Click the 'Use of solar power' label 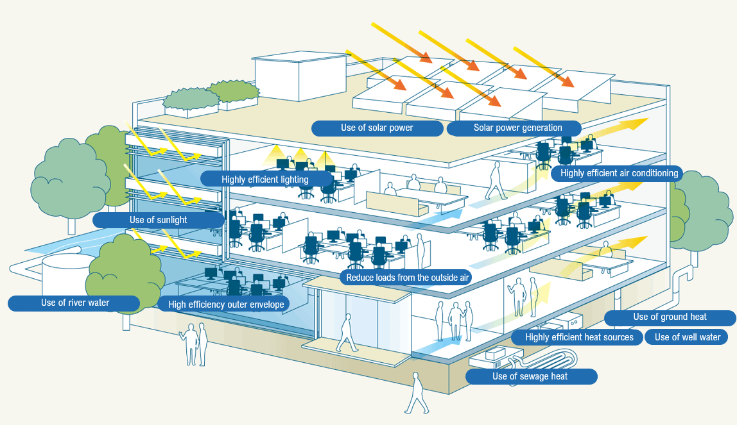(x=377, y=128)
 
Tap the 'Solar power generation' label (x=514, y=128)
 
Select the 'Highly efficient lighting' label (x=265, y=179)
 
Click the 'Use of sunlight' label (x=158, y=220)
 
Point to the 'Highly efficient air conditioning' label (x=619, y=173)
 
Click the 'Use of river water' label (x=74, y=303)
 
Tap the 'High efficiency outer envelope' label (x=225, y=304)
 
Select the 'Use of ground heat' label (x=670, y=317)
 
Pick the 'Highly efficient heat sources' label (x=578, y=337)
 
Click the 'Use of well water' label (x=687, y=337)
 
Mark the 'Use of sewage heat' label (x=530, y=376)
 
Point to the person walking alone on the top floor (x=495, y=181)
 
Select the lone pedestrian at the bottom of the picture (x=417, y=394)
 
